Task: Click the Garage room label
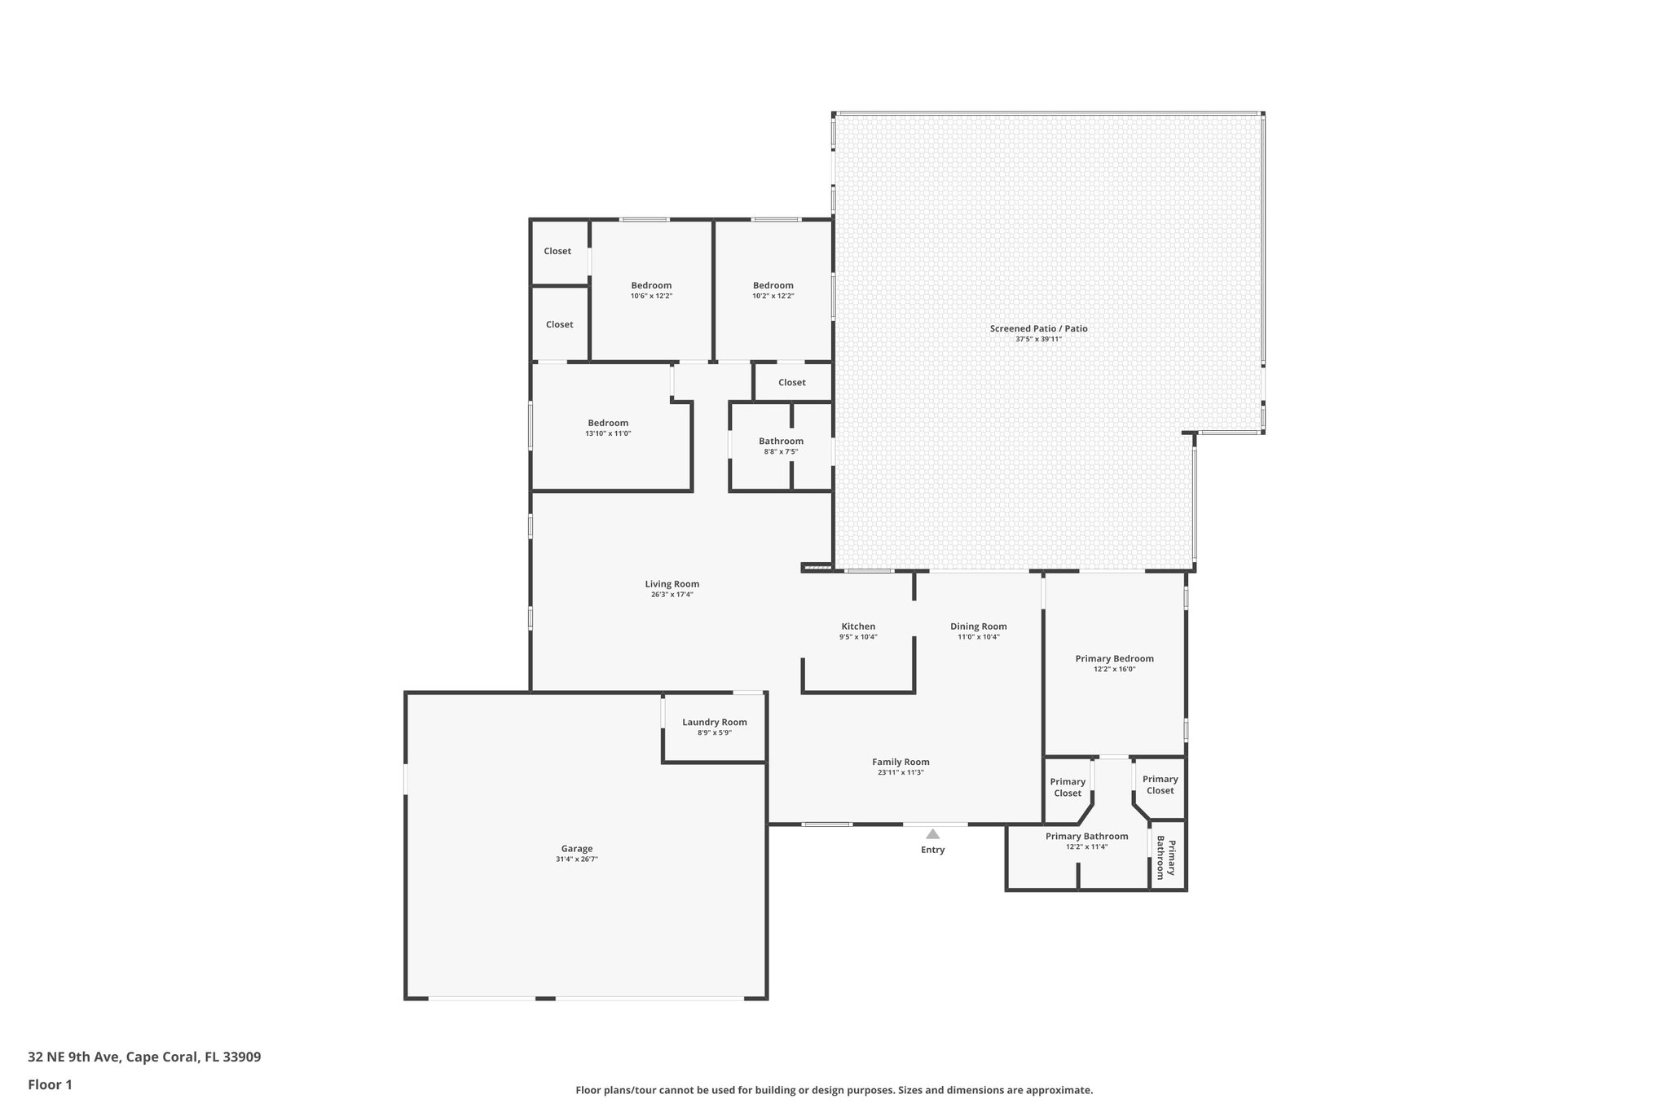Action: (576, 848)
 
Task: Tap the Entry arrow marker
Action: (932, 834)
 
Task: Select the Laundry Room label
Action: (714, 722)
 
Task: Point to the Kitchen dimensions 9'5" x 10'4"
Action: (858, 637)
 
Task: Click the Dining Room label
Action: (978, 626)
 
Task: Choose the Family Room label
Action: (901, 762)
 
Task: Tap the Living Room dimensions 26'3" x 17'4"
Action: (672, 595)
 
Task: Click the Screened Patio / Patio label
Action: (1038, 328)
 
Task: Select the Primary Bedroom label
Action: (1114, 658)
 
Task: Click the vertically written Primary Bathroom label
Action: (1166, 859)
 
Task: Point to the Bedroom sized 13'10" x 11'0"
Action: (608, 423)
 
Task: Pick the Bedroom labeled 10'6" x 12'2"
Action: (651, 285)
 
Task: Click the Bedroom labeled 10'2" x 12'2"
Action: (773, 285)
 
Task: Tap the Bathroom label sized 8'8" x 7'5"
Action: (781, 441)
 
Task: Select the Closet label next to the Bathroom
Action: (791, 382)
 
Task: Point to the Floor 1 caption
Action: (50, 1084)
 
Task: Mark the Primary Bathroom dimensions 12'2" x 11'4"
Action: (1086, 846)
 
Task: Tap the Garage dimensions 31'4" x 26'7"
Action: (576, 859)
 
